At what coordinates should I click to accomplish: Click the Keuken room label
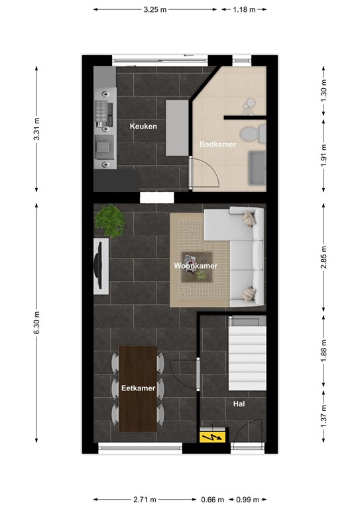143,126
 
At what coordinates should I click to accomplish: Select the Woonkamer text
196,266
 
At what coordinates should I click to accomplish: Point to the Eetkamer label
138,388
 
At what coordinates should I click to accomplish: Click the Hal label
239,402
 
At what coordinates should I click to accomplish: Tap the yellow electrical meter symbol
213,437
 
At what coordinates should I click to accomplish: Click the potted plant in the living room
109,219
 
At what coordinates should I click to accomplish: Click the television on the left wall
101,265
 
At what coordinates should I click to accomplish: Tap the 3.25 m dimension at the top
154,10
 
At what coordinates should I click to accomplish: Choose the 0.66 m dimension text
213,499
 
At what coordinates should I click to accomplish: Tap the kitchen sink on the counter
103,145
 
